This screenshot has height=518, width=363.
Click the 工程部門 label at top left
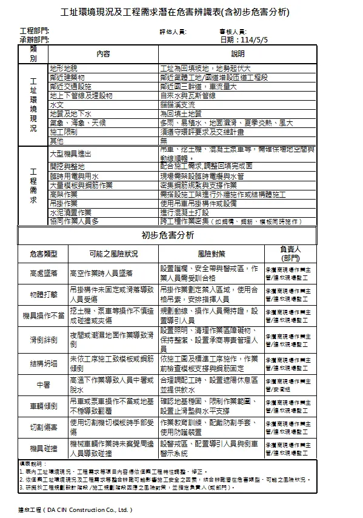35,30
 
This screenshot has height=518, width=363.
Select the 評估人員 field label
173,31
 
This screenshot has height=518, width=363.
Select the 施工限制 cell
64,131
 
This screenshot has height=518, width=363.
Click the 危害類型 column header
44,252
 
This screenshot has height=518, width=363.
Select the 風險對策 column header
211,252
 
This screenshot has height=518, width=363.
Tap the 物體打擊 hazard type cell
44,294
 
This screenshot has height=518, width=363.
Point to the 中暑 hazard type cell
44,385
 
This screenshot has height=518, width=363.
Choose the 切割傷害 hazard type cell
44,427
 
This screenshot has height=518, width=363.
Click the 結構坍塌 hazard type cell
44,363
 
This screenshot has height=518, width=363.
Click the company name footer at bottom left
75,510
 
